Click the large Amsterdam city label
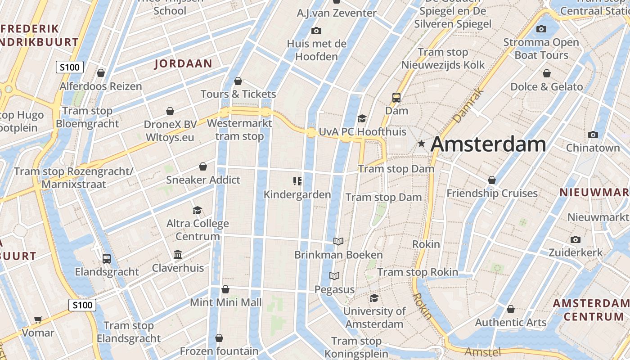(x=488, y=144)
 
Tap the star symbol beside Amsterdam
(x=421, y=144)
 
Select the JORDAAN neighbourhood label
(x=183, y=63)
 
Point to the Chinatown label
(x=593, y=148)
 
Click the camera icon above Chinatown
(x=593, y=135)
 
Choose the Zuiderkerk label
(x=575, y=252)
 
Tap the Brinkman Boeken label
(x=338, y=255)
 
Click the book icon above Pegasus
(x=334, y=276)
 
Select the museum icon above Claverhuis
(x=178, y=255)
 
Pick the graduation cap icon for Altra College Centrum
(x=197, y=210)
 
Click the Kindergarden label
(x=297, y=194)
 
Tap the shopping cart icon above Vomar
(x=38, y=319)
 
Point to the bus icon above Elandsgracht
(x=107, y=259)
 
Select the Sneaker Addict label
(x=203, y=180)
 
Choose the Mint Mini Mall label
(x=225, y=302)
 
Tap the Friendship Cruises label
(x=492, y=193)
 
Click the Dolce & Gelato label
(x=546, y=87)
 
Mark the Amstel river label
(x=482, y=351)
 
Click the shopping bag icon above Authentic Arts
(x=510, y=309)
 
